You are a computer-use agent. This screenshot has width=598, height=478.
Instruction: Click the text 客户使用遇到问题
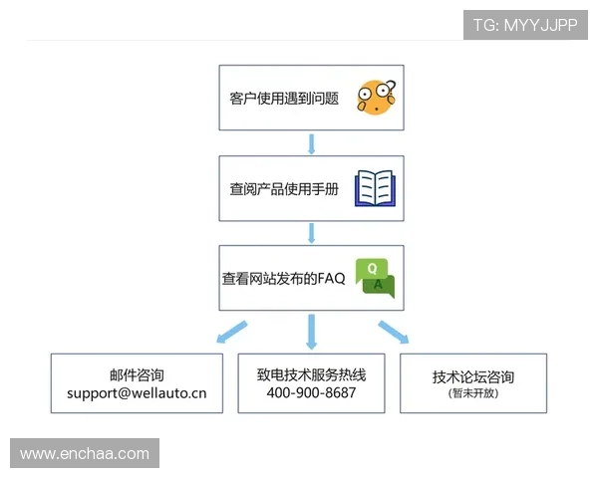pyautogui.click(x=284, y=99)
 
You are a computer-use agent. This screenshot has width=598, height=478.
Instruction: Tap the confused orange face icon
pyautogui.click(x=377, y=97)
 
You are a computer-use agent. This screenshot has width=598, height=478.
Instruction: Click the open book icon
pyautogui.click(x=377, y=187)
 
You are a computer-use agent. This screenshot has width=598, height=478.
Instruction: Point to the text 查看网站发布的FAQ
pyautogui.click(x=283, y=279)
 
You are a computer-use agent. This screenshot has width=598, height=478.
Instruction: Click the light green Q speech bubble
pyautogui.click(x=371, y=269)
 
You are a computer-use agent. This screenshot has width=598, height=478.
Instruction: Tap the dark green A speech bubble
pyautogui.click(x=380, y=286)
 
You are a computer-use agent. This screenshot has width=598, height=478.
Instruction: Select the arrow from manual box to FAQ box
pyautogui.click(x=312, y=233)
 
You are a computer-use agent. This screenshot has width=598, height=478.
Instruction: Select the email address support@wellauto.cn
pyautogui.click(x=137, y=393)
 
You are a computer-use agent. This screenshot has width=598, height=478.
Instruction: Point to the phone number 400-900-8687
pyautogui.click(x=311, y=393)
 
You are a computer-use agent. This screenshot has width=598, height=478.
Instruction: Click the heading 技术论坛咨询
pyautogui.click(x=473, y=377)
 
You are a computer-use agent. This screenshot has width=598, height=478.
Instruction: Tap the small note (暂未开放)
pyautogui.click(x=473, y=393)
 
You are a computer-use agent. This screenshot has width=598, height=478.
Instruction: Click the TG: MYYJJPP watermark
pyautogui.click(x=524, y=25)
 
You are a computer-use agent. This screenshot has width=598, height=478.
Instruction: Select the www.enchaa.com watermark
pyautogui.click(x=84, y=454)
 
